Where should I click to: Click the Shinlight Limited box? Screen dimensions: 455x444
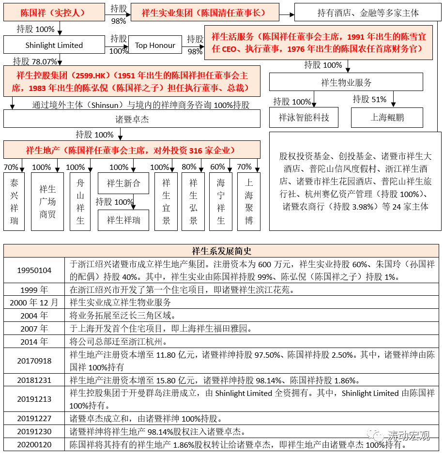pyautogui.click(x=54, y=45)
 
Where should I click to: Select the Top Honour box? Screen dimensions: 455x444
pyautogui.click(x=155, y=45)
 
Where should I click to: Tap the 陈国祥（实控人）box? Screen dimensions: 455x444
pyautogui.click(x=54, y=13)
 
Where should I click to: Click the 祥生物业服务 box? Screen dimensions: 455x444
pyautogui.click(x=346, y=83)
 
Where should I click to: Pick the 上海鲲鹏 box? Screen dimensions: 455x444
pyautogui.click(x=387, y=118)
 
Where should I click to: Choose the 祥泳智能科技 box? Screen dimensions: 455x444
pyautogui.click(x=304, y=118)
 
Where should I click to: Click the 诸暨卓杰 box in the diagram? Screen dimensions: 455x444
pyautogui.click(x=132, y=119)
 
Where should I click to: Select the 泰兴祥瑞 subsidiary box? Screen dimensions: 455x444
pyautogui.click(x=14, y=201)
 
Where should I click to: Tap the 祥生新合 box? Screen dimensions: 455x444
pyautogui.click(x=123, y=183)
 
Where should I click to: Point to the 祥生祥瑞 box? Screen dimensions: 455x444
pyautogui.click(x=123, y=220)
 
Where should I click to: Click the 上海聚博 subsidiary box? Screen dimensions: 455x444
pyautogui.click(x=249, y=201)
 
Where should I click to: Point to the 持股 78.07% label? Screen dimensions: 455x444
pyautogui.click(x=34, y=61)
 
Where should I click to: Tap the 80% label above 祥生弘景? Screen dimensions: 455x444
pyautogui.click(x=189, y=167)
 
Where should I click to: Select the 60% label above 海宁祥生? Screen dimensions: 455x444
pyautogui.click(x=217, y=167)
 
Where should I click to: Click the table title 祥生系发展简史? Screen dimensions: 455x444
pyautogui.click(x=222, y=251)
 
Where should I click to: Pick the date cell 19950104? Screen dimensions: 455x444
pyautogui.click(x=34, y=270)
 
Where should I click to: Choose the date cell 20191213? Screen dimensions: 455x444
pyautogui.click(x=34, y=399)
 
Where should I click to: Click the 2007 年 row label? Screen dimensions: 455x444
pyautogui.click(x=34, y=329)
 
